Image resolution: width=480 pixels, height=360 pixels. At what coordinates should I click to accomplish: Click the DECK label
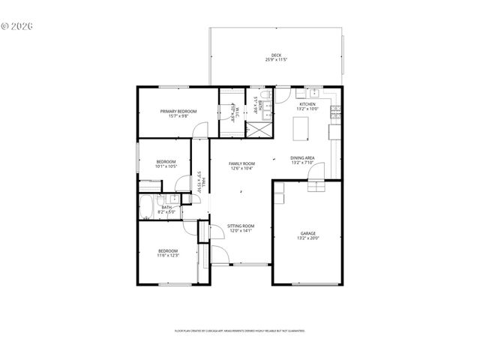point(277,55)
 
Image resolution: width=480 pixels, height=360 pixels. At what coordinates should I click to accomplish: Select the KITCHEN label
point(307,104)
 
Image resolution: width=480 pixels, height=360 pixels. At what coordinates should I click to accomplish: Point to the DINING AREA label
point(302,157)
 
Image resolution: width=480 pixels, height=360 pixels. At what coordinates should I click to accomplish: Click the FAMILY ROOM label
point(241,163)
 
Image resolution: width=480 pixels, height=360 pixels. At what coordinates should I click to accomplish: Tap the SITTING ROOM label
point(241,226)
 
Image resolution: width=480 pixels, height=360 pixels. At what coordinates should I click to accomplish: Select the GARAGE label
point(308,233)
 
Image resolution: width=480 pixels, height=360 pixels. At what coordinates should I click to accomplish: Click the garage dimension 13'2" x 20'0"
point(308,238)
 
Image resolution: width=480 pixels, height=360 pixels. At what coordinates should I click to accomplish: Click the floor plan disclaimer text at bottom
point(239,330)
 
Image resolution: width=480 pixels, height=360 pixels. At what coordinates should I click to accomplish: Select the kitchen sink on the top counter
point(313,93)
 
